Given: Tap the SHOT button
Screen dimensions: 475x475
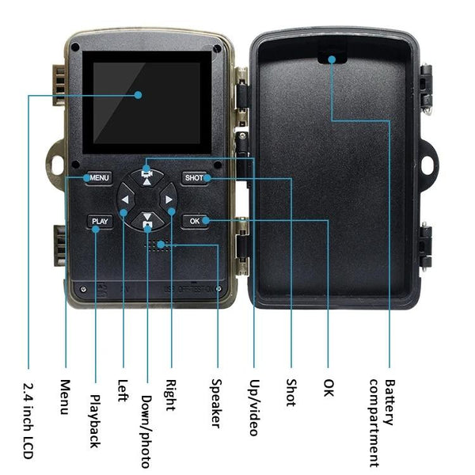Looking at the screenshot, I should pyautogui.click(x=194, y=178).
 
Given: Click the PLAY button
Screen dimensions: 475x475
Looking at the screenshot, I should pyautogui.click(x=100, y=222).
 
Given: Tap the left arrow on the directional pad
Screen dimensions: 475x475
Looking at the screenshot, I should pyautogui.click(x=125, y=199).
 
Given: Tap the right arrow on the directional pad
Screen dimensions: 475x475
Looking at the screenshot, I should pyautogui.click(x=169, y=199).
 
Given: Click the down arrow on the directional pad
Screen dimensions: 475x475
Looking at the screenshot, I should pyautogui.click(x=147, y=222).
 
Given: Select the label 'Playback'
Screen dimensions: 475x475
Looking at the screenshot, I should pyautogui.click(x=95, y=420).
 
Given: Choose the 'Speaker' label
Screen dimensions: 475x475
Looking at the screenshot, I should pyautogui.click(x=215, y=403).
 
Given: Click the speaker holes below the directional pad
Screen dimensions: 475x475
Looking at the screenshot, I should pyautogui.click(x=158, y=245).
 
